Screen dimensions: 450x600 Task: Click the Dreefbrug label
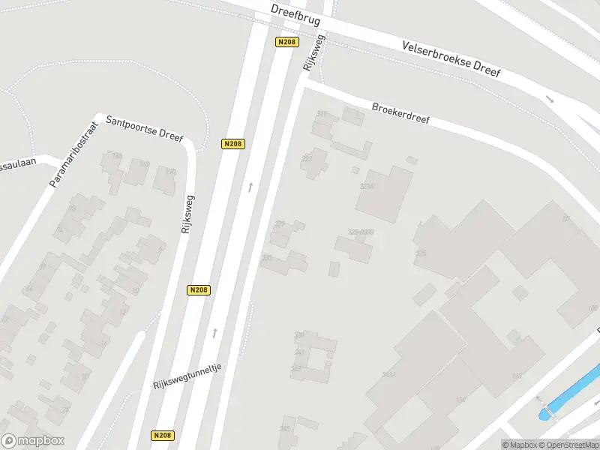[295, 12]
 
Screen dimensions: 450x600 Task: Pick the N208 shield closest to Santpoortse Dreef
[233, 144]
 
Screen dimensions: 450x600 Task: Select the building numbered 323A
[367, 185]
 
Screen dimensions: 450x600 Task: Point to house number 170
[170, 172]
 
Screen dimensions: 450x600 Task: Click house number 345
[285, 429]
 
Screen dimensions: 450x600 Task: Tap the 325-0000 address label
[360, 232]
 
